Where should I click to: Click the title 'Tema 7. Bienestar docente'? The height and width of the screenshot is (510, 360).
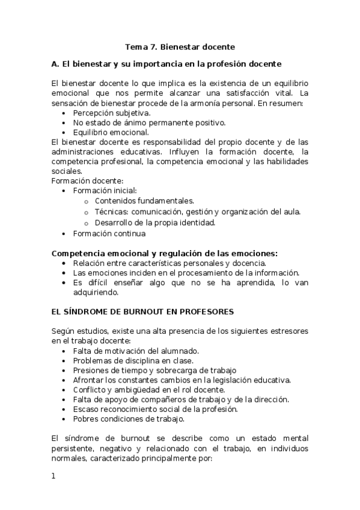pos(180,46)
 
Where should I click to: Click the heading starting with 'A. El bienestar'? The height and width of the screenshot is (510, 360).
pos(166,63)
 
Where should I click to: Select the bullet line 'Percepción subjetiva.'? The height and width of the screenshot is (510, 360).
pos(112,113)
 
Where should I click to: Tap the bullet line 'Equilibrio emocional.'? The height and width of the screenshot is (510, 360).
pos(111,132)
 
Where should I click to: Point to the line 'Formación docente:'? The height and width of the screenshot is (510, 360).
pos(88,180)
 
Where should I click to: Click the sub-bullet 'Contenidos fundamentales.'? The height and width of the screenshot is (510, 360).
pos(144,201)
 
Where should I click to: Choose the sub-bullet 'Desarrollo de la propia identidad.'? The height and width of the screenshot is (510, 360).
pos(154,223)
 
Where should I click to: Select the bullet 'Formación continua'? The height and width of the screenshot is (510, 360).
pos(109,233)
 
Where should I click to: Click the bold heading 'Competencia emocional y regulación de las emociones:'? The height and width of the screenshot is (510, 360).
pos(165,254)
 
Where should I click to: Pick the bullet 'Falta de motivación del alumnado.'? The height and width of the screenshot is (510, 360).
pos(136,351)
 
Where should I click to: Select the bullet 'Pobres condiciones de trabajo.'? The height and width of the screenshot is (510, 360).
pos(129,419)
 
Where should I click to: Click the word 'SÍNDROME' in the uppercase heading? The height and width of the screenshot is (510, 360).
pos(95,312)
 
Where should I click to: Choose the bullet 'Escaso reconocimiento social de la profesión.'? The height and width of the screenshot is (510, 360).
pos(156,409)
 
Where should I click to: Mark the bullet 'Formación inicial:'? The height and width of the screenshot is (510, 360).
pos(105,191)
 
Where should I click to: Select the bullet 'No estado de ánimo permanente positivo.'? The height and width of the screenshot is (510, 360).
pos(141,123)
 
